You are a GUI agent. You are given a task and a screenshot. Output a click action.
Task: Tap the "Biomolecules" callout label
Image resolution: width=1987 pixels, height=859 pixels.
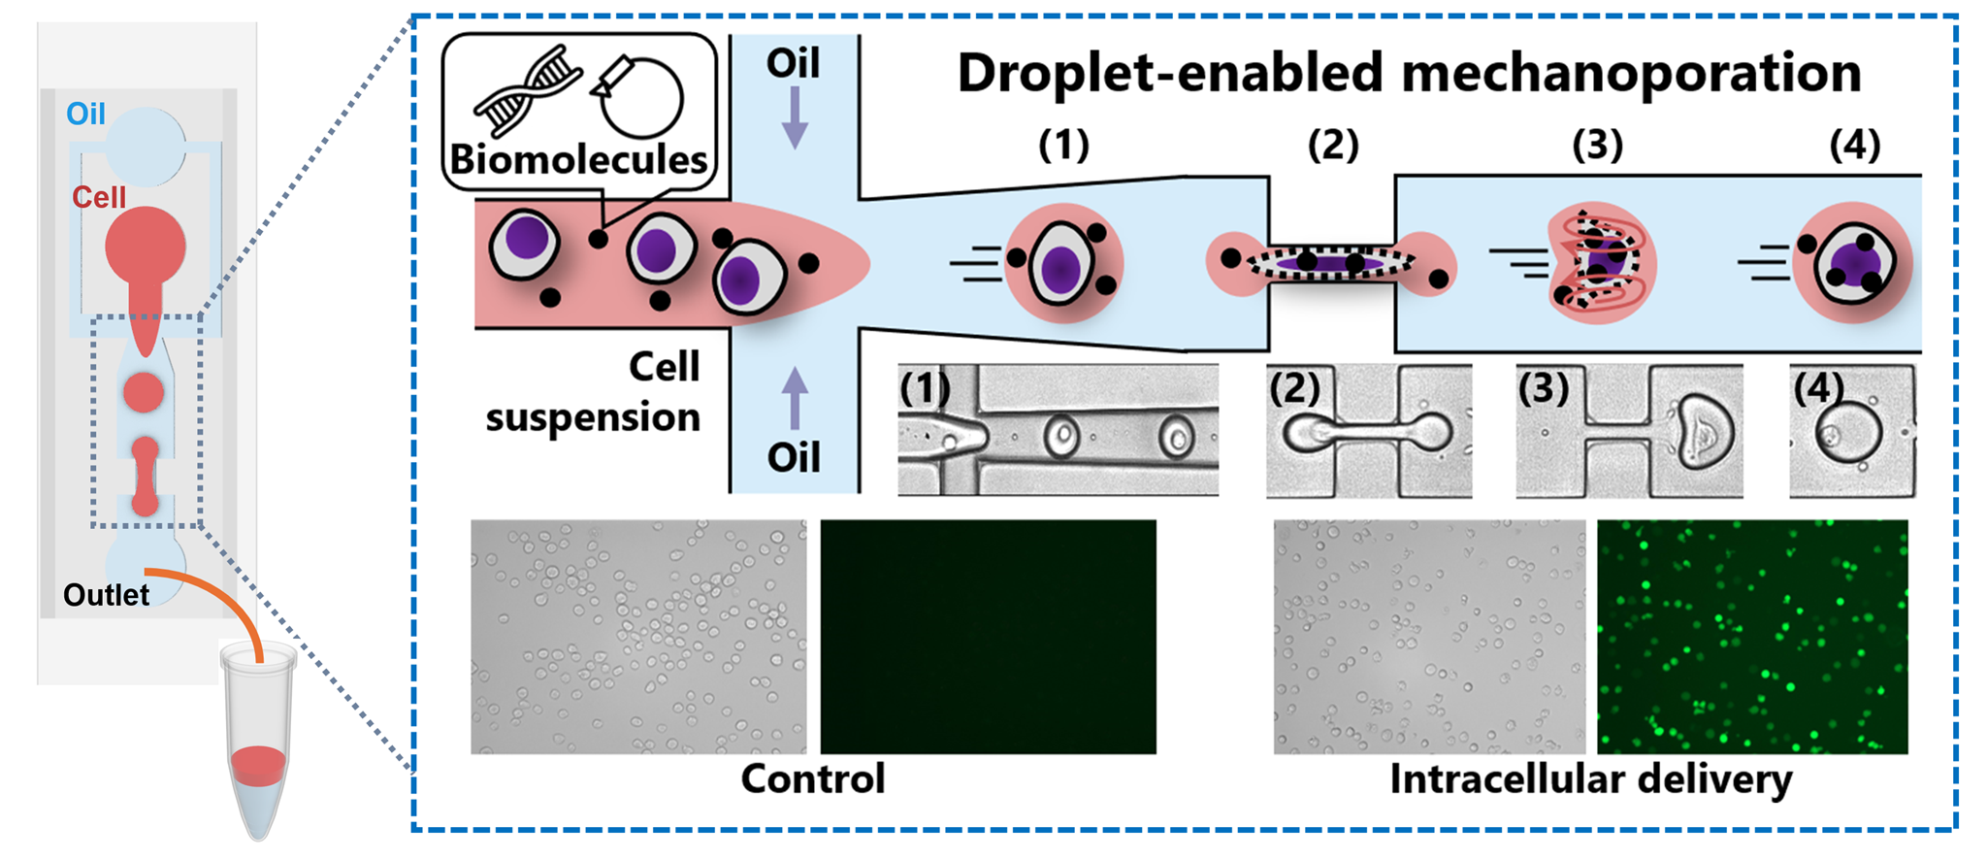pos(578,159)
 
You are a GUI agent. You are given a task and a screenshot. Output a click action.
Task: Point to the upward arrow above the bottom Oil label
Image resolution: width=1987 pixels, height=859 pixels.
pos(795,397)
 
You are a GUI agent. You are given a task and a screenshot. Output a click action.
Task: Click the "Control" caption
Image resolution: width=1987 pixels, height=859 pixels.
pos(813,778)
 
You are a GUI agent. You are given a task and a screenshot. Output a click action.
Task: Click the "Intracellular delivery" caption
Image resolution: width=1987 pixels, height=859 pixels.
pos(1590,778)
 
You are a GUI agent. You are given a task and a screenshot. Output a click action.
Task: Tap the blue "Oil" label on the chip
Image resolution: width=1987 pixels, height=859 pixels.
pos(85,114)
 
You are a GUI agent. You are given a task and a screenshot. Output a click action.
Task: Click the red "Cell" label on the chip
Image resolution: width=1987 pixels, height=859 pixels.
pos(99,197)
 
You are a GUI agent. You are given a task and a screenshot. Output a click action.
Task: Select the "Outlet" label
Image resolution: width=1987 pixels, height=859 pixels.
pos(106,594)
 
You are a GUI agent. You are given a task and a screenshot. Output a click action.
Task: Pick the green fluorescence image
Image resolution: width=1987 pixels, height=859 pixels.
pos(1752,637)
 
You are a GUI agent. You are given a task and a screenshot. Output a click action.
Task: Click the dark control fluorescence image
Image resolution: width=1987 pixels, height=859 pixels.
pos(988,637)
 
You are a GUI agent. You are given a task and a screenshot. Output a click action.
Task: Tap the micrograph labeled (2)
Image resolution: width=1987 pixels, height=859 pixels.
pos(1368,431)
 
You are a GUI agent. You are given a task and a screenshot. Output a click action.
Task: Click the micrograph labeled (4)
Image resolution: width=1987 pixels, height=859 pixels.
pos(1852,431)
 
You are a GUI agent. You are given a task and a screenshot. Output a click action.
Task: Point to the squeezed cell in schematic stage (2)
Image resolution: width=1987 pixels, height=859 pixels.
pos(1330,262)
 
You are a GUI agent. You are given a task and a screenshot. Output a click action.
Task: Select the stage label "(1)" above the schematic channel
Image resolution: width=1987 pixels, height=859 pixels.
pos(1063,145)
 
